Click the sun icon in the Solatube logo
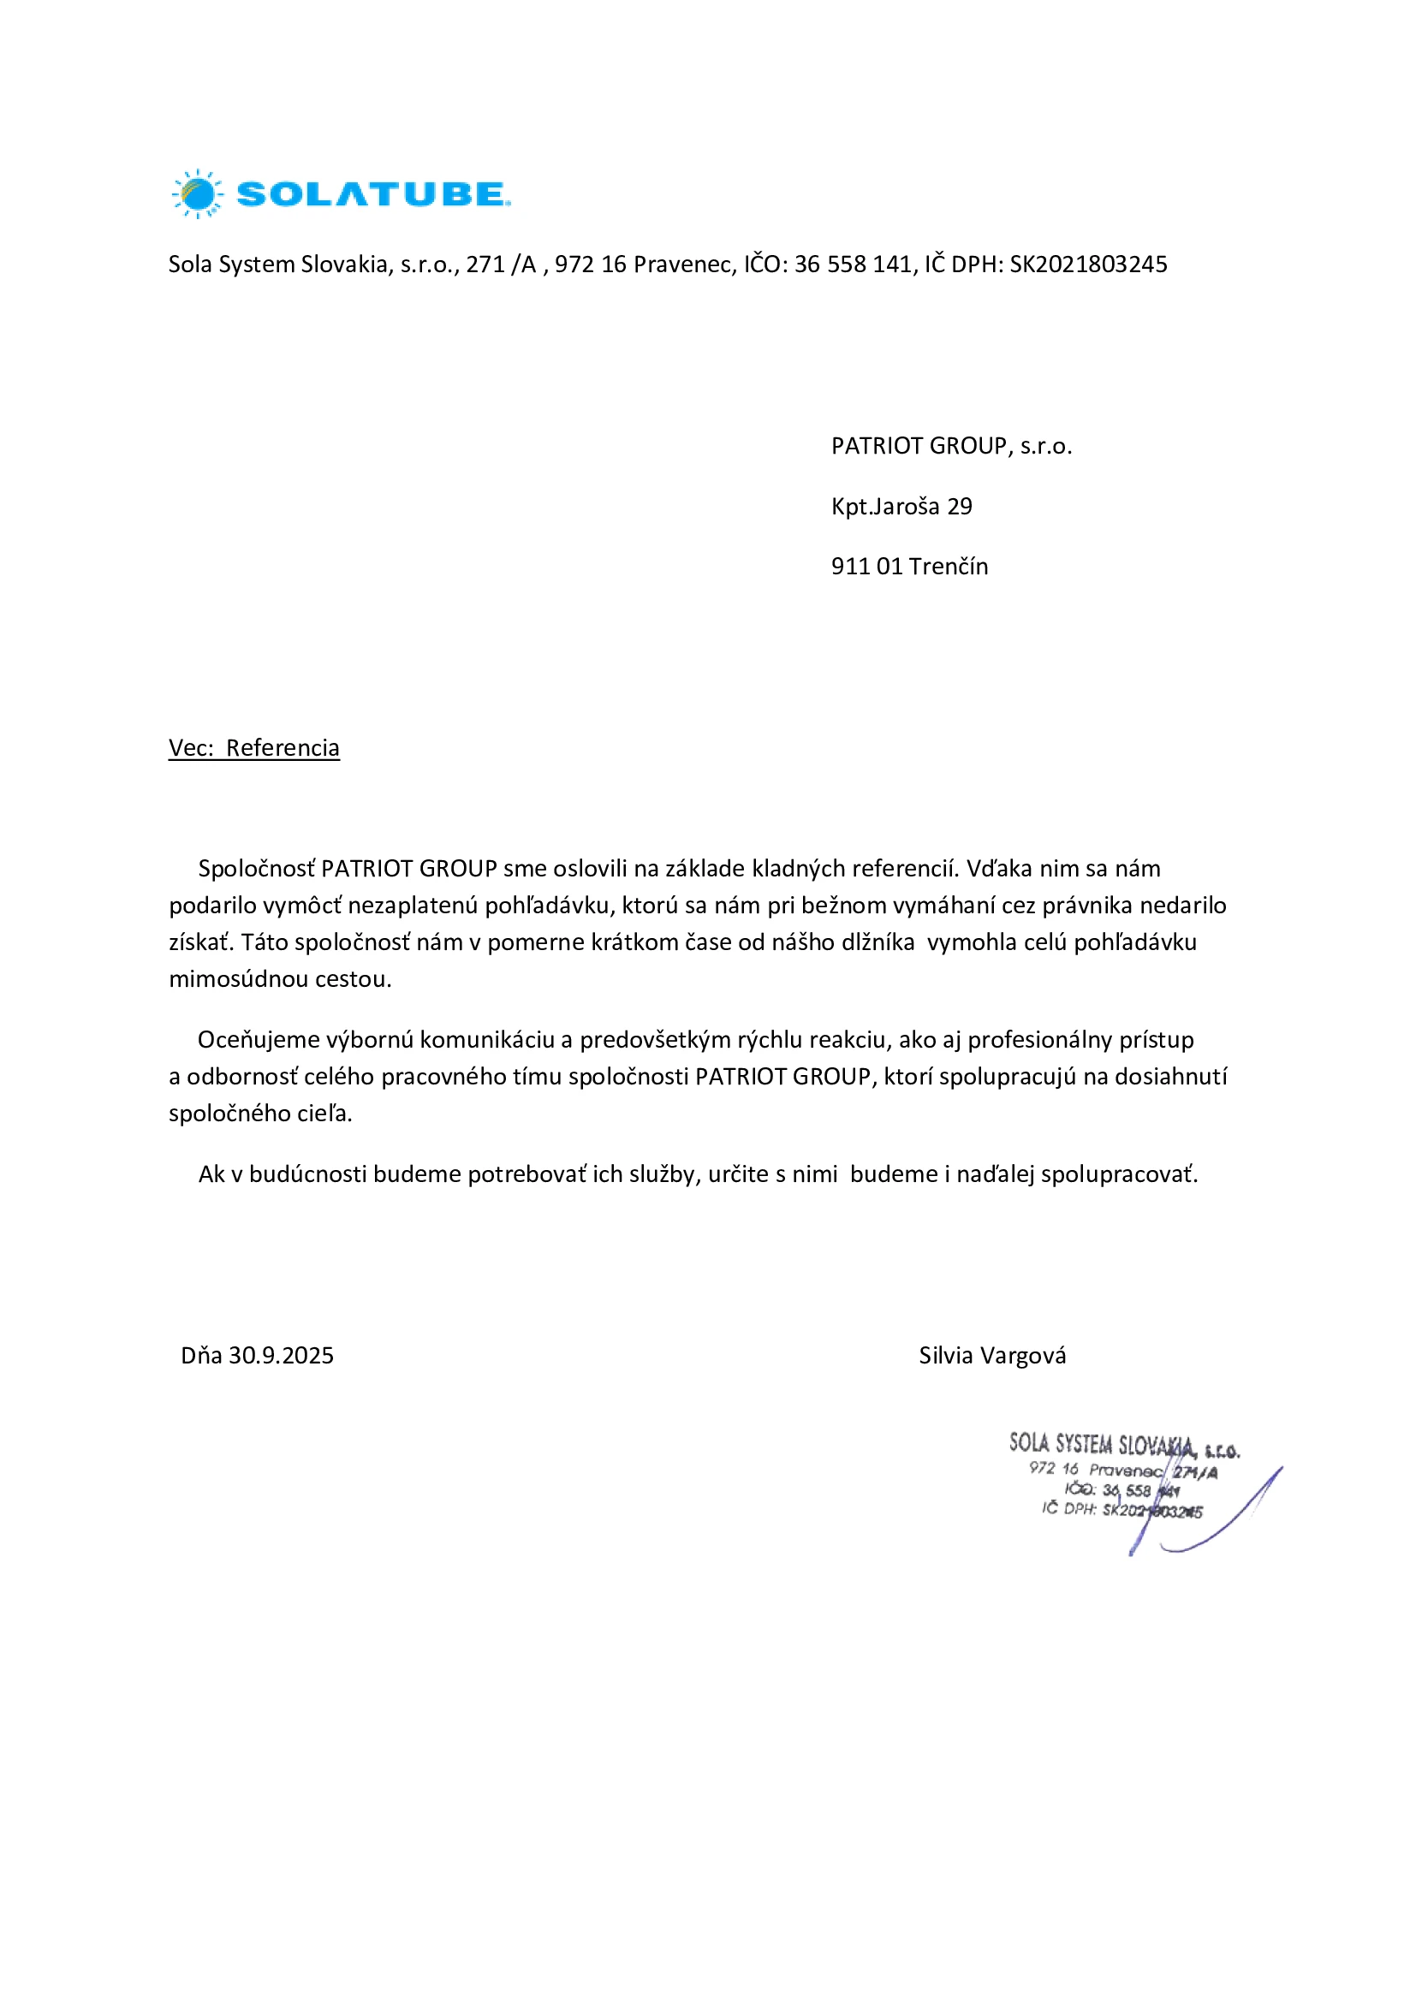(198, 193)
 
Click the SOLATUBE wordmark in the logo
(372, 193)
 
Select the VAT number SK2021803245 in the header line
(1088, 264)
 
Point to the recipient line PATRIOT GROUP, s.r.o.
(951, 447)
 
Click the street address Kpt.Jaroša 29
(901, 507)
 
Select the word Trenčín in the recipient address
(949, 567)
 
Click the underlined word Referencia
(283, 748)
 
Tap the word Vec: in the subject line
(191, 748)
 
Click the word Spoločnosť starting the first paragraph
(256, 869)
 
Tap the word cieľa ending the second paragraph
(324, 1114)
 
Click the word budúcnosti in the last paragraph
(308, 1174)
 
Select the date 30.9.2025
(281, 1356)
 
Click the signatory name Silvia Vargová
(992, 1356)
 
